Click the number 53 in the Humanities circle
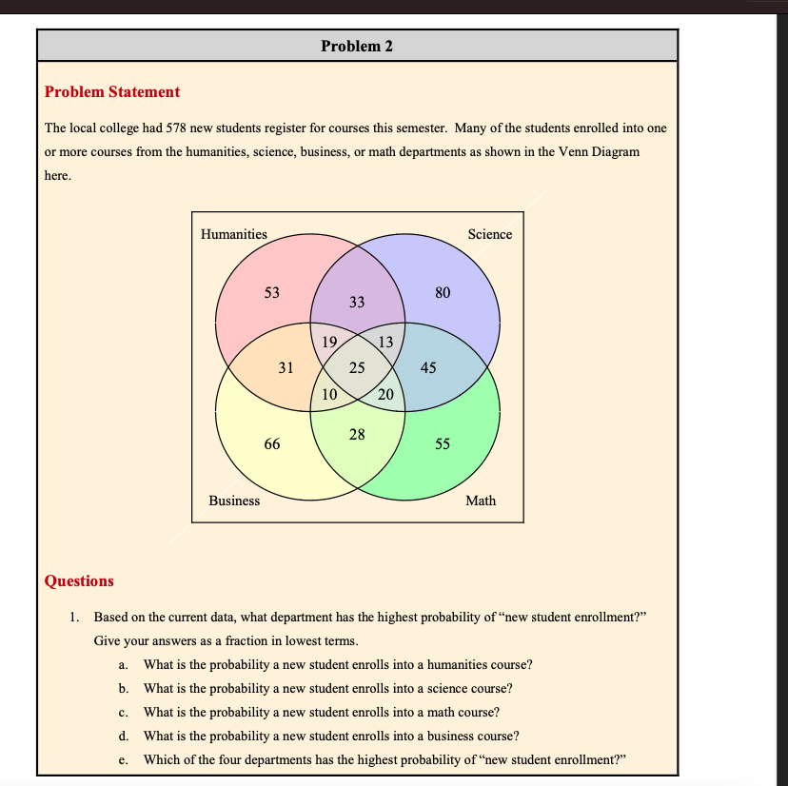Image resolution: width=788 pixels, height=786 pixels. coord(271,293)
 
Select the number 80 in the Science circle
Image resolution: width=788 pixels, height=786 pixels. coord(443,293)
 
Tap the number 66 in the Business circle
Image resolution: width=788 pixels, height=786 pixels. coord(271,444)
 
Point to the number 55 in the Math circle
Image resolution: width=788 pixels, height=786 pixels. coord(443,444)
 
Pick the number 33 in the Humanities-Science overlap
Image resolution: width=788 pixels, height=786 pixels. coord(357,303)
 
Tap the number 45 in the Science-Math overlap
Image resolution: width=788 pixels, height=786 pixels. coord(428,367)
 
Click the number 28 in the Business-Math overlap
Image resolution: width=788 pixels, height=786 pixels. coord(357,435)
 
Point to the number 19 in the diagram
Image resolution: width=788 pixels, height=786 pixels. coord(329,343)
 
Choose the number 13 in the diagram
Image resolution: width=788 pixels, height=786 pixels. coord(385,343)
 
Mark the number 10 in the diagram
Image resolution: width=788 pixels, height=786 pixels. coord(329,394)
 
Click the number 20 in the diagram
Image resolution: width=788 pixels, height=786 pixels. coord(385,394)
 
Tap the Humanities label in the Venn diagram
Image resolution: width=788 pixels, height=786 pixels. coord(234,234)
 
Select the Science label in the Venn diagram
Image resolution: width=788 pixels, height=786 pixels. coord(489,234)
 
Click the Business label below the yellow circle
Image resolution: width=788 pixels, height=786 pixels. coord(234,501)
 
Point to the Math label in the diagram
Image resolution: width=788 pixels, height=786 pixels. coord(481,501)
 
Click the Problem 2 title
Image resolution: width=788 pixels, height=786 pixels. coord(357,46)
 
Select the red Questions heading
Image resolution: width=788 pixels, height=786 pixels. coord(79,580)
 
